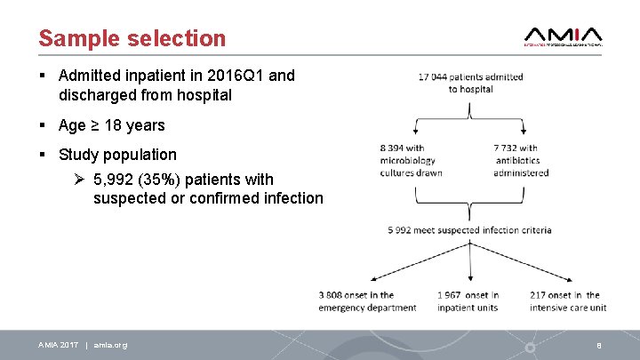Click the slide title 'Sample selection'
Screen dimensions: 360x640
pyautogui.click(x=132, y=38)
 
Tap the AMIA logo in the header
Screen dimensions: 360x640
pyautogui.click(x=564, y=35)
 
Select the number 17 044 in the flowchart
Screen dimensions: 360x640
pyautogui.click(x=434, y=77)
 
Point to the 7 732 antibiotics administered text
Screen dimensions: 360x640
pyautogui.click(x=521, y=160)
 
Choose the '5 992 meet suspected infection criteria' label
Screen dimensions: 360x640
pyautogui.click(x=469, y=230)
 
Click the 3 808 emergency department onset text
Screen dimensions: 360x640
pyautogui.click(x=367, y=301)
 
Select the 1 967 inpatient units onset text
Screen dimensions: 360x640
pyautogui.click(x=468, y=301)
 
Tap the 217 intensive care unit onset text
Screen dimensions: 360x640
pyautogui.click(x=567, y=301)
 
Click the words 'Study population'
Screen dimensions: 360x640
pyautogui.click(x=117, y=155)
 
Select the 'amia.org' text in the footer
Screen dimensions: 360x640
pyautogui.click(x=110, y=345)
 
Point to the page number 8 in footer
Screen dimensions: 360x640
pyautogui.click(x=599, y=345)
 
